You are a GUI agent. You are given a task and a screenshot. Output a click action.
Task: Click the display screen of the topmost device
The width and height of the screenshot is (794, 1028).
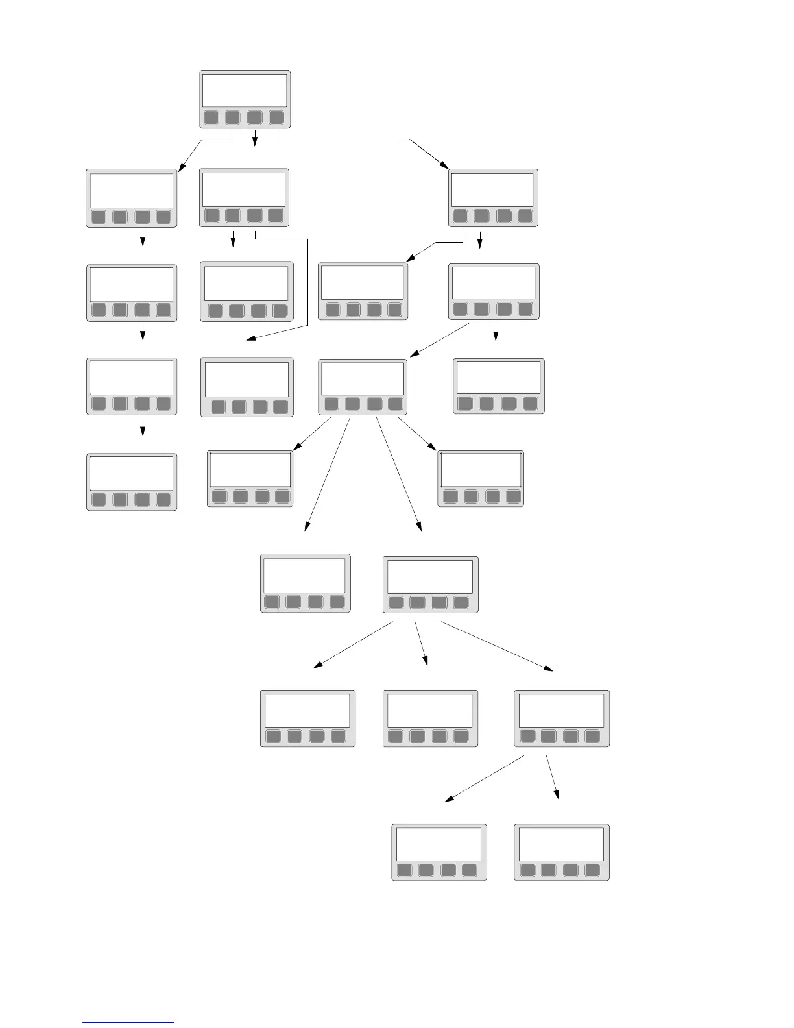tap(245, 90)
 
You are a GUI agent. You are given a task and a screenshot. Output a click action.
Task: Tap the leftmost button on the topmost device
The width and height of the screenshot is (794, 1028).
tap(211, 117)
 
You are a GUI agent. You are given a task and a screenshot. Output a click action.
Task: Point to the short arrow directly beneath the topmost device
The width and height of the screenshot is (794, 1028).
tap(255, 139)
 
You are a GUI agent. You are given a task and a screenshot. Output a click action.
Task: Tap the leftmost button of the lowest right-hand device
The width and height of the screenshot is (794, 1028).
tap(528, 870)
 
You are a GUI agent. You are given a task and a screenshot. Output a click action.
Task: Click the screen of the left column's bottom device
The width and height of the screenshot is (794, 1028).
tap(131, 473)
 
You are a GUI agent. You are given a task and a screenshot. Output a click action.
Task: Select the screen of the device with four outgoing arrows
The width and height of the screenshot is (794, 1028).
tap(363, 378)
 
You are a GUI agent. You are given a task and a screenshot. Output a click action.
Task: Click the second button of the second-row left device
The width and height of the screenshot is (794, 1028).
tap(120, 216)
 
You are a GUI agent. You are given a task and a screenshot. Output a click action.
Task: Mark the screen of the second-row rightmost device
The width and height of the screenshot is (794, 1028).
tap(493, 190)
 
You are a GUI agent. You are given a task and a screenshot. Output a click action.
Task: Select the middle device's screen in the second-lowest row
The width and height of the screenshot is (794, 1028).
tap(429, 710)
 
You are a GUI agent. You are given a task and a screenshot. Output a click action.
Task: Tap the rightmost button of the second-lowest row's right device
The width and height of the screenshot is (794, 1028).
tap(592, 736)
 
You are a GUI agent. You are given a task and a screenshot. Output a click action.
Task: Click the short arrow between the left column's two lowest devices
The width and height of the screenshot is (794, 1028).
tap(143, 429)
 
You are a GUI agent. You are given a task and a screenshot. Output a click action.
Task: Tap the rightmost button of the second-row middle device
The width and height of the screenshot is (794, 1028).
tap(276, 215)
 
